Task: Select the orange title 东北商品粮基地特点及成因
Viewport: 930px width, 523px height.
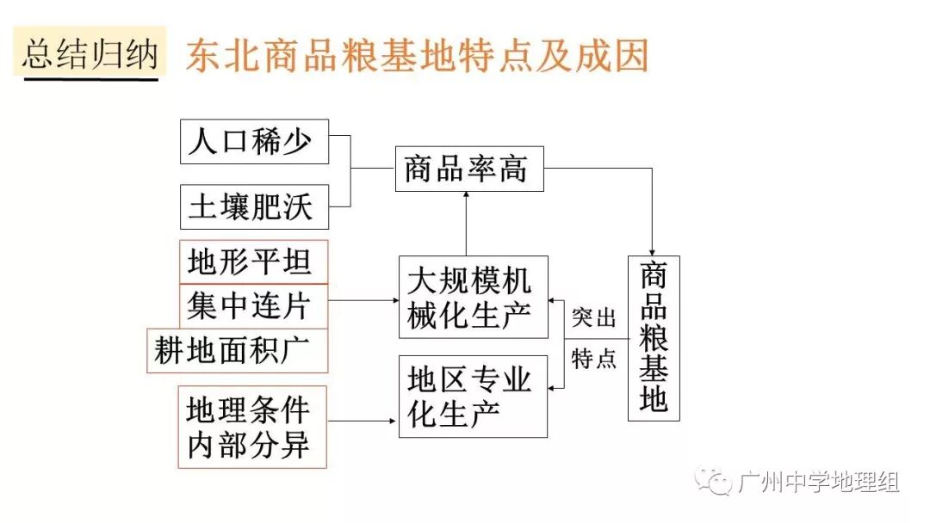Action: pyautogui.click(x=417, y=57)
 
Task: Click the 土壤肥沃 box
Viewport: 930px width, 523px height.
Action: pyautogui.click(x=254, y=206)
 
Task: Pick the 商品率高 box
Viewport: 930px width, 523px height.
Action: pyautogui.click(x=469, y=169)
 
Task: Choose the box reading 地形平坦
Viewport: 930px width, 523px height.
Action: pyautogui.click(x=254, y=261)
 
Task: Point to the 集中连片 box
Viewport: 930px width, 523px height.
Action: pyautogui.click(x=254, y=305)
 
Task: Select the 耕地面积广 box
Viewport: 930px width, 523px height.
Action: pyautogui.click(x=238, y=350)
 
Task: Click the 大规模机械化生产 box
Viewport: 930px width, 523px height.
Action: pyautogui.click(x=473, y=297)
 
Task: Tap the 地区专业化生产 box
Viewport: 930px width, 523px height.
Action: pyautogui.click(x=473, y=396)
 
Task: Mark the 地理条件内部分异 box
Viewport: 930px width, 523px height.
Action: pyautogui.click(x=254, y=428)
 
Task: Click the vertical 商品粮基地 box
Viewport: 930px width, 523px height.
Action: pyautogui.click(x=654, y=338)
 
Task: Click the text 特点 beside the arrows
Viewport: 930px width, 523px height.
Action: pyautogui.click(x=594, y=359)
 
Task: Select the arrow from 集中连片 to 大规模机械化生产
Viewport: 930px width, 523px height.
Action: pyautogui.click(x=363, y=300)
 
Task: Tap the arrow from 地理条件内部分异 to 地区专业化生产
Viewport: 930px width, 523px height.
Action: pyautogui.click(x=363, y=421)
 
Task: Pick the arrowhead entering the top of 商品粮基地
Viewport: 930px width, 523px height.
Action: pyautogui.click(x=654, y=249)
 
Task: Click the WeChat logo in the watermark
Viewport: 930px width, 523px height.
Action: pyautogui.click(x=714, y=481)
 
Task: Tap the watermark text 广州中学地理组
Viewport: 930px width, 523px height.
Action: pyautogui.click(x=818, y=482)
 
